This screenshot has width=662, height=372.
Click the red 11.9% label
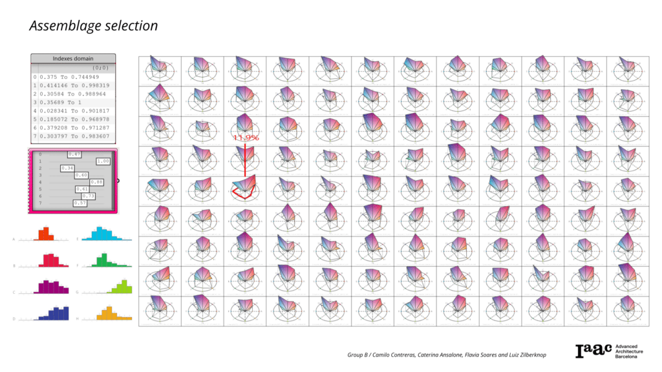tap(246, 138)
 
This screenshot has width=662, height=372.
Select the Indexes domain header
tap(72, 58)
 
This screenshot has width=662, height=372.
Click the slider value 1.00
tap(103, 161)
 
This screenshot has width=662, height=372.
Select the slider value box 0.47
tap(74, 154)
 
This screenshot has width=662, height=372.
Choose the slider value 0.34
tap(67, 168)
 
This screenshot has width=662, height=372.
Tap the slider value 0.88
tap(96, 182)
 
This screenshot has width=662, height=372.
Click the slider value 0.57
tap(80, 203)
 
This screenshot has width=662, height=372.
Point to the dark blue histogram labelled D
tap(54, 313)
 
